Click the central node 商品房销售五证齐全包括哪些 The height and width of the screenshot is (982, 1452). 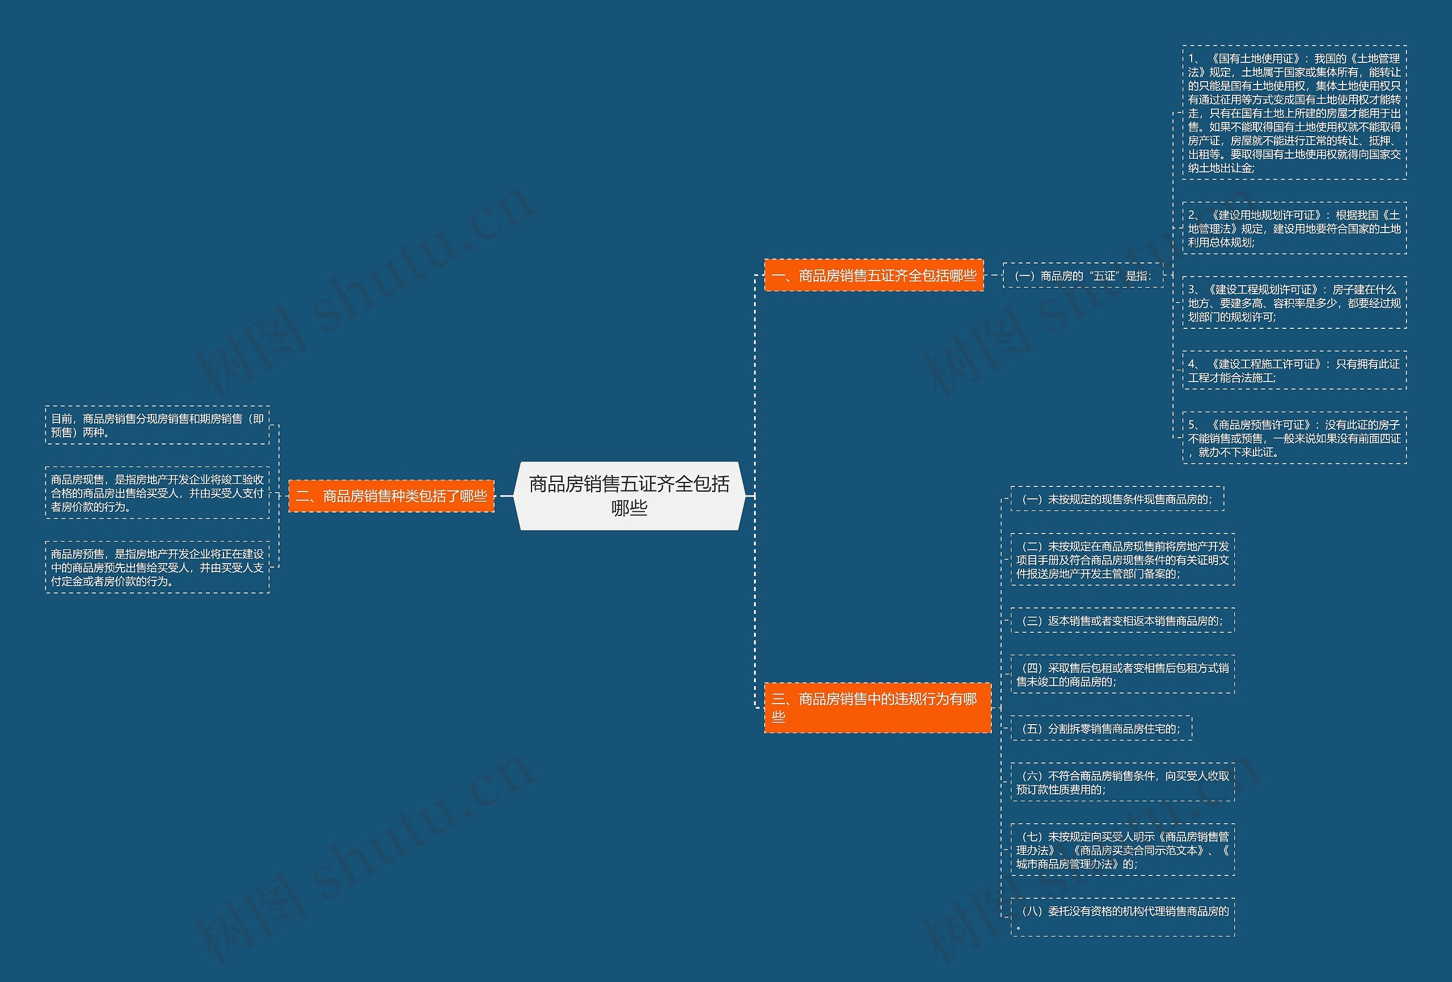click(x=629, y=496)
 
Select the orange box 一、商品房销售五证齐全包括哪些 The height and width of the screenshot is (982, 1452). click(x=873, y=276)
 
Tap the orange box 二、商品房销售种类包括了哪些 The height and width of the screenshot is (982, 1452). click(x=391, y=496)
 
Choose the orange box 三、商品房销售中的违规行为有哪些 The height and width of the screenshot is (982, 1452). click(x=877, y=707)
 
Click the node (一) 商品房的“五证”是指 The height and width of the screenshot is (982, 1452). click(x=1083, y=276)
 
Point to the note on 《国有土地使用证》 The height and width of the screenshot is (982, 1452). click(x=1294, y=113)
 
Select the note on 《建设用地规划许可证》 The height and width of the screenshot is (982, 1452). click(x=1294, y=228)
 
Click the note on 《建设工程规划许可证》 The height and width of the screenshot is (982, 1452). click(x=1294, y=303)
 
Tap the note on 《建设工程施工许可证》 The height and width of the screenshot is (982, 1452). click(x=1294, y=370)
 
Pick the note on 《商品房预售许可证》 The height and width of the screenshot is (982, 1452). click(x=1294, y=438)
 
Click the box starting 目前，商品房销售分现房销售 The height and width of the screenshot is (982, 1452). click(x=158, y=425)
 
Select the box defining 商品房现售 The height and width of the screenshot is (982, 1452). click(x=158, y=493)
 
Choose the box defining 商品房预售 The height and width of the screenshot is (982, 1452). click(x=158, y=567)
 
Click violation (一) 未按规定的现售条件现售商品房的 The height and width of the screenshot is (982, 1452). click(x=1117, y=499)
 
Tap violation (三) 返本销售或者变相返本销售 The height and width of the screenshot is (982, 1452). click(x=1122, y=620)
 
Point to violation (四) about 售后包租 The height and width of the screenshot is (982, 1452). click(x=1122, y=675)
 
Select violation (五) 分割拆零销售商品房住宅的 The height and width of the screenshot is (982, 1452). click(x=1101, y=729)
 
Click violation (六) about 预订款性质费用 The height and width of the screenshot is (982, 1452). click(x=1122, y=782)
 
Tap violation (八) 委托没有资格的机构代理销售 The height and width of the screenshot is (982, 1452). click(x=1122, y=917)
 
